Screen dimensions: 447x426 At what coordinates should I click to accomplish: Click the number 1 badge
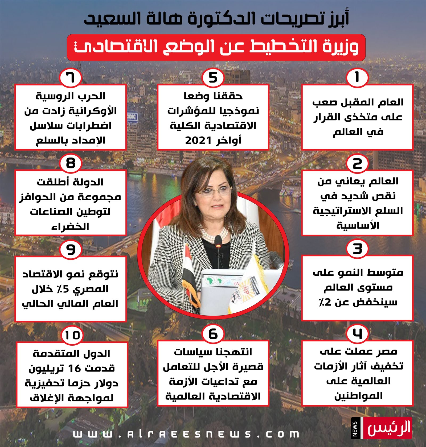click(x=357, y=77)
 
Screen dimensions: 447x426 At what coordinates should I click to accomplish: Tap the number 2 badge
click(x=357, y=163)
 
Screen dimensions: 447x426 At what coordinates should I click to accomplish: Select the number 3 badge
click(x=357, y=249)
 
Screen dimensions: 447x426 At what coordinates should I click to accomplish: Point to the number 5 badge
click(x=213, y=77)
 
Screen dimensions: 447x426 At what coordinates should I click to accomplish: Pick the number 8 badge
click(x=70, y=163)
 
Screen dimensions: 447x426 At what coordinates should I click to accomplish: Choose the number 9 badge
click(x=70, y=249)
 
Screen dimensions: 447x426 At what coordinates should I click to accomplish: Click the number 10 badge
click(x=72, y=335)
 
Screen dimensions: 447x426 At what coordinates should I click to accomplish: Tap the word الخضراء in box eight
click(x=70, y=226)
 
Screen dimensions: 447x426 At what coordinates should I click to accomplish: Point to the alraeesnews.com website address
click(x=186, y=434)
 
